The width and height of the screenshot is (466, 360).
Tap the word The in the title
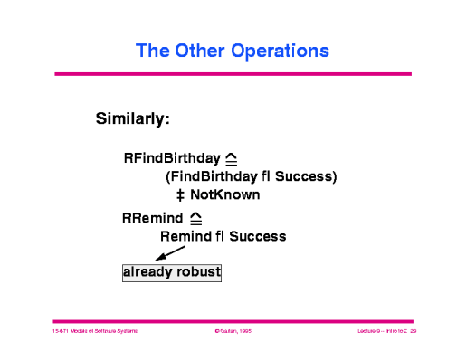(151, 49)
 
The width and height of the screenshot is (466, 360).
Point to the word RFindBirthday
(172, 157)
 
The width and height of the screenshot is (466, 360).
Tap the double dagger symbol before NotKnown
(180, 194)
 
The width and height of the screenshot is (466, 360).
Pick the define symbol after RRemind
(195, 217)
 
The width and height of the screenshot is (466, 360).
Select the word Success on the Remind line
(256, 236)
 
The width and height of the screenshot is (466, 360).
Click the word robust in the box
(198, 271)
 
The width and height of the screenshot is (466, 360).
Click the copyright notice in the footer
(233, 332)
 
